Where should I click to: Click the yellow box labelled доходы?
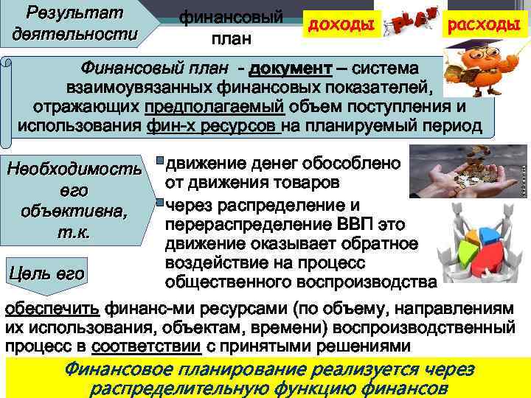click(x=341, y=25)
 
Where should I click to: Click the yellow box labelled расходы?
click(x=485, y=25)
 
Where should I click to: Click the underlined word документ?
click(x=291, y=69)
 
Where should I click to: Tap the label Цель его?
click(x=47, y=273)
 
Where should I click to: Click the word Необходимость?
click(x=74, y=171)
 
